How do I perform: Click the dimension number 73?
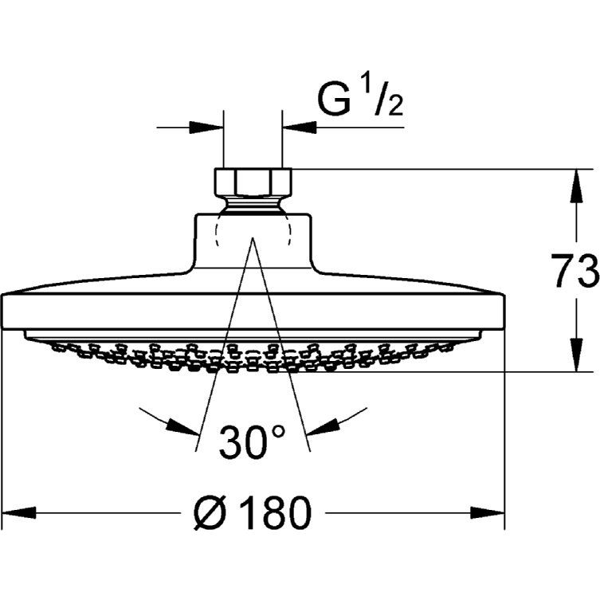coord(575,271)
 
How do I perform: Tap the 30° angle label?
coord(252,441)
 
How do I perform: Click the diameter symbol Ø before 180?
coord(208,512)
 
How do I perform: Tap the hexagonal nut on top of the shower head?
coord(253,182)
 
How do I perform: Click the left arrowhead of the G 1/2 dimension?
coord(206,127)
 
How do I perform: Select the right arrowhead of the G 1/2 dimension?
coord(299,127)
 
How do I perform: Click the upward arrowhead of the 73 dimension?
coord(577,186)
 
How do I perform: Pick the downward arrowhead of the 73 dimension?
coord(577,355)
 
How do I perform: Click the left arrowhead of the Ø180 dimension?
coord(19,513)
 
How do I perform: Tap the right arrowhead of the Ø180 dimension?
coord(487,513)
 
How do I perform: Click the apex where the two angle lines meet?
coord(253,237)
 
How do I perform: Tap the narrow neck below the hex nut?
coord(253,205)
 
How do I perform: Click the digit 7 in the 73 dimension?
coord(563,271)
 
